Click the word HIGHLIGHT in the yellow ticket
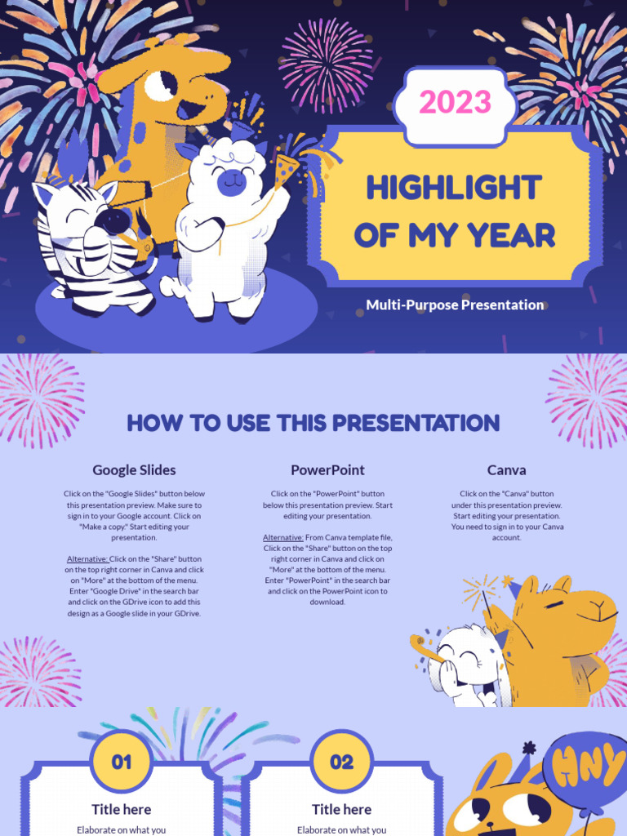click(454, 188)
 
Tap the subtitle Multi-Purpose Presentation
click(455, 305)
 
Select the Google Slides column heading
click(134, 470)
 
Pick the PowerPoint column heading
click(327, 470)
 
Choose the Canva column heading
click(506, 470)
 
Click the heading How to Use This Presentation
click(313, 423)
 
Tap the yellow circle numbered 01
click(122, 763)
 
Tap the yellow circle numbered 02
click(342, 763)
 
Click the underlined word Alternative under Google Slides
click(87, 559)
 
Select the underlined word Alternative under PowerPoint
click(282, 537)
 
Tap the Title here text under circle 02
click(342, 809)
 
